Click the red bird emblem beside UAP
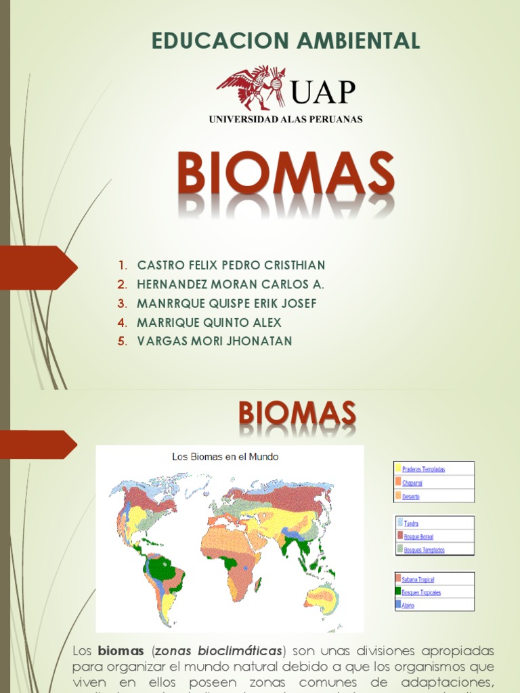tap(251, 87)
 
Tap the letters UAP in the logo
tap(323, 91)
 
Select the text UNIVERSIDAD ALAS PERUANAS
tap(286, 119)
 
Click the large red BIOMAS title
tap(286, 173)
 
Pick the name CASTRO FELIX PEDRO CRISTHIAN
tap(231, 265)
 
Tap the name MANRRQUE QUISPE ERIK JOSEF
tap(227, 303)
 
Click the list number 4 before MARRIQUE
tap(122, 322)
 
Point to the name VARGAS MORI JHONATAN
tap(215, 341)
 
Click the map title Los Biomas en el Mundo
tap(225, 457)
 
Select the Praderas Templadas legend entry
tap(423, 469)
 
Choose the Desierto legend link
tap(411, 496)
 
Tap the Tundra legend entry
tap(410, 523)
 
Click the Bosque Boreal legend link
tap(418, 536)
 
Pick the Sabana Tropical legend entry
tap(418, 580)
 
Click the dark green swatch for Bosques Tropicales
tap(398, 592)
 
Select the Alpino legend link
tap(408, 605)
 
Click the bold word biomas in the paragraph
tap(121, 651)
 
